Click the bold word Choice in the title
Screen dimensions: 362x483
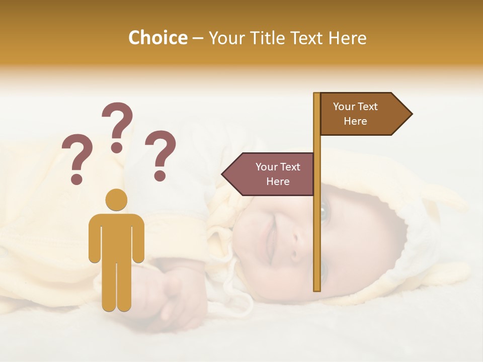157,38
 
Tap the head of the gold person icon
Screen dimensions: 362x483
116,200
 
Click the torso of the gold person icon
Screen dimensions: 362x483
116,236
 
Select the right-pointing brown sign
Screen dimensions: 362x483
360,114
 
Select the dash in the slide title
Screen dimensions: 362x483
198,38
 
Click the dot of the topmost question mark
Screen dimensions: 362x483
117,147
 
